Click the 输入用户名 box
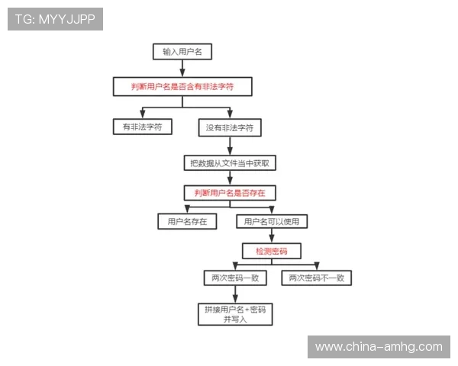tap(182, 52)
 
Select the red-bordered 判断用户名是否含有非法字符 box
tap(182, 87)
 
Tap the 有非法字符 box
tap(142, 127)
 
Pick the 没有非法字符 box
tap(229, 127)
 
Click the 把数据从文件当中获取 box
tap(229, 162)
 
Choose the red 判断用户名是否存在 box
tap(229, 193)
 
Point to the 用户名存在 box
tap(187, 222)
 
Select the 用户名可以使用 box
tap(272, 222)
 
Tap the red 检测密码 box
tap(271, 250)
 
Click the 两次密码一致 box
tap(234, 278)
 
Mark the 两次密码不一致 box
tap(316, 278)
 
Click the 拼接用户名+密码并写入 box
tap(234, 314)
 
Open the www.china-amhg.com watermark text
tap(379, 347)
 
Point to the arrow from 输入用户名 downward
tap(182, 69)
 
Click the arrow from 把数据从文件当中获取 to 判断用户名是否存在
tap(229, 178)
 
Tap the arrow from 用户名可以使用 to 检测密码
tap(271, 236)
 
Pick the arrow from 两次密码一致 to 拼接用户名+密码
tap(234, 295)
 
